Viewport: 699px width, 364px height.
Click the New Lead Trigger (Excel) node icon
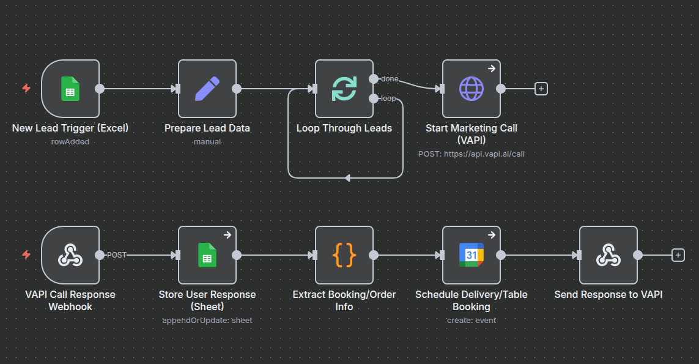point(70,89)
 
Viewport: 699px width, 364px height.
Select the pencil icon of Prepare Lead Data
point(207,89)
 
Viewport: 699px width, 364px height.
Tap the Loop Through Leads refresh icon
point(344,89)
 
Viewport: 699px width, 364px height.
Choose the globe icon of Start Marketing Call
point(471,89)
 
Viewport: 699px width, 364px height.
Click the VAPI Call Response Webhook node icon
point(70,255)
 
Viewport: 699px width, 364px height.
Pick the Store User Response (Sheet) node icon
point(207,255)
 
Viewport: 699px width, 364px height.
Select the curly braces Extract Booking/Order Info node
point(344,255)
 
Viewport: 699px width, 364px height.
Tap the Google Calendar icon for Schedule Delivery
point(471,255)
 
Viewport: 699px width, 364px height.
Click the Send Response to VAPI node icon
point(608,255)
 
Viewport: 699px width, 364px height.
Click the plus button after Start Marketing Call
point(541,89)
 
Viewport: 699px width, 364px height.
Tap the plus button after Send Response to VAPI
point(678,255)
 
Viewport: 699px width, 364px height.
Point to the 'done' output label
point(390,79)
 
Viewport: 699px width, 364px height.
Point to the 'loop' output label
point(388,98)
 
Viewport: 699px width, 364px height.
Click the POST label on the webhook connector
point(116,255)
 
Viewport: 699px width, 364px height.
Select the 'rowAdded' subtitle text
point(70,142)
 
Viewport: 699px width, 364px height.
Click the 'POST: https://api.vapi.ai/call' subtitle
point(471,154)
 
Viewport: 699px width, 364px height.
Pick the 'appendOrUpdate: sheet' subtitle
point(207,320)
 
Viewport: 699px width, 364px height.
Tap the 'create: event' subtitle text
point(471,320)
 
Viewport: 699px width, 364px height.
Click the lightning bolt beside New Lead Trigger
point(26,89)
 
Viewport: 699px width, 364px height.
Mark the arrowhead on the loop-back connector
point(347,178)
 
